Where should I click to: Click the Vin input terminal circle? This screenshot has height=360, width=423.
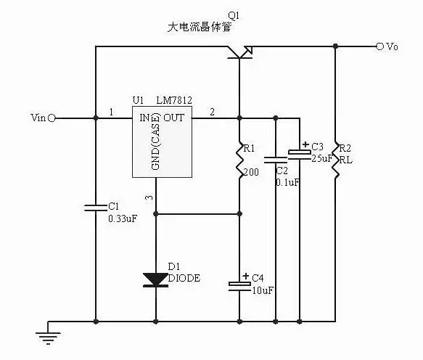tap(52, 118)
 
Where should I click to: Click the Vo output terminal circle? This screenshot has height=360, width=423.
tap(379, 46)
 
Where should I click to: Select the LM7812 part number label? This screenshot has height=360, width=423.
tap(174, 100)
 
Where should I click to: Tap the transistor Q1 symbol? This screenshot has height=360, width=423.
tap(239, 52)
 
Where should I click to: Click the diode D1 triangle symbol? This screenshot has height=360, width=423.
tap(156, 279)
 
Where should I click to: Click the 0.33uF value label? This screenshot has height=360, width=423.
tap(123, 218)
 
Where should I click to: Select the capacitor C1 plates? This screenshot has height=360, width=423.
tap(96, 208)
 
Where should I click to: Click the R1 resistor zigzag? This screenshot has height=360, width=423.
tap(239, 160)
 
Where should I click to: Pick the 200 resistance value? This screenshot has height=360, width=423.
tap(251, 172)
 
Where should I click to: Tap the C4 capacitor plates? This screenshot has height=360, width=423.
tap(239, 286)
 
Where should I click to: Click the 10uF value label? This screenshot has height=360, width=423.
tap(263, 290)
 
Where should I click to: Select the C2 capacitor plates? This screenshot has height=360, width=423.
tap(276, 160)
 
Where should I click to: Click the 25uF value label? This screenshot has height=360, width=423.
tap(321, 158)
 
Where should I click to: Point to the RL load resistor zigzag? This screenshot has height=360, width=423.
tap(336, 160)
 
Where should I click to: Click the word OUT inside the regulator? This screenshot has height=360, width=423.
tap(173, 118)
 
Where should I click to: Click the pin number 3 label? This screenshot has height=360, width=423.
tap(149, 197)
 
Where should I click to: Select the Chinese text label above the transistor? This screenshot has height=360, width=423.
tap(200, 27)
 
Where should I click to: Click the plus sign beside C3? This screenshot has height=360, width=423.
tap(305, 144)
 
